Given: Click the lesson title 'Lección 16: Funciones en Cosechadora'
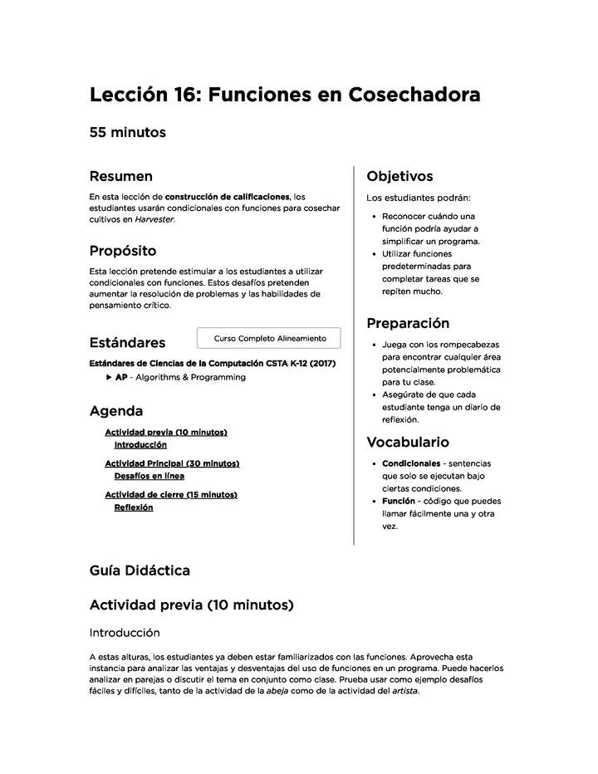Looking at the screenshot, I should pyautogui.click(x=284, y=96).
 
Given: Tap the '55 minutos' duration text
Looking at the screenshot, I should pyautogui.click(x=128, y=133).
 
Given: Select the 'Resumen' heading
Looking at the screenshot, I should pyautogui.click(x=120, y=176).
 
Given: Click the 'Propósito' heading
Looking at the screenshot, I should pyautogui.click(x=122, y=251).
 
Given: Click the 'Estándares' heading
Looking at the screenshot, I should pyautogui.click(x=127, y=342).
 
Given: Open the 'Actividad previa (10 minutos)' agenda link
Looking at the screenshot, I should pyautogui.click(x=165, y=433).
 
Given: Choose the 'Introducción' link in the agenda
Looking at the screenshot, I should pyautogui.click(x=140, y=445).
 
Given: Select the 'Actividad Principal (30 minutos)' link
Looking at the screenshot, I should pyautogui.click(x=171, y=463).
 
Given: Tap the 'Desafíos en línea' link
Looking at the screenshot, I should pyautogui.click(x=149, y=476).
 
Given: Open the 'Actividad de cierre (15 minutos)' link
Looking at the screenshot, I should pyautogui.click(x=170, y=495).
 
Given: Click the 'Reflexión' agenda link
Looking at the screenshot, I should pyautogui.click(x=133, y=507).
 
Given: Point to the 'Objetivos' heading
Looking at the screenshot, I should pyautogui.click(x=399, y=176).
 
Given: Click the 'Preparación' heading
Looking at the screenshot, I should pyautogui.click(x=408, y=323).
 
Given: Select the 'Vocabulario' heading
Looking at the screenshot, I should pyautogui.click(x=408, y=442).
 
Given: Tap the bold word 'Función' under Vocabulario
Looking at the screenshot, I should pyautogui.click(x=399, y=501).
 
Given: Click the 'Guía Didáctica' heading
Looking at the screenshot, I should pyautogui.click(x=140, y=571).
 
